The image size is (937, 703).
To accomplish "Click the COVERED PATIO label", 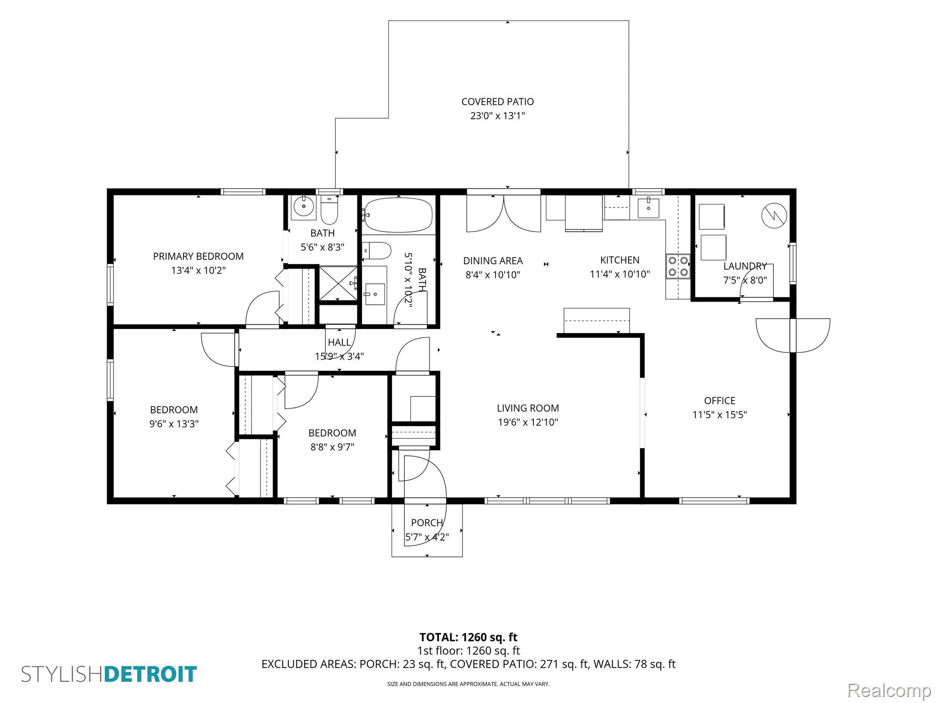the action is click(x=497, y=102).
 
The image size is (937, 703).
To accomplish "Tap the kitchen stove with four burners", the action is click(x=678, y=266).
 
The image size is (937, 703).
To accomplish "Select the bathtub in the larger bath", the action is click(x=398, y=215).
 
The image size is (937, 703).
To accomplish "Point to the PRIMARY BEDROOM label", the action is click(x=198, y=256).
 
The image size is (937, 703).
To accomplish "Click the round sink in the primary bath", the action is click(x=303, y=208).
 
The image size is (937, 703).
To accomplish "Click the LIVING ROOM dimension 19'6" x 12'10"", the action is click(x=528, y=422).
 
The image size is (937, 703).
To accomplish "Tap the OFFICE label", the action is click(x=720, y=401).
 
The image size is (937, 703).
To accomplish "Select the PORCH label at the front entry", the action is click(x=427, y=523).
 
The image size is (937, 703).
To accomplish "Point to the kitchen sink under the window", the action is click(x=648, y=208).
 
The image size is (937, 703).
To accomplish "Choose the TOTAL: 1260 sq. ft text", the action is click(x=468, y=637).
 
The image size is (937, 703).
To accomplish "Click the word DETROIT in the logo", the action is click(x=151, y=675).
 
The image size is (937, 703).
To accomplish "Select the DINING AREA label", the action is click(x=493, y=261).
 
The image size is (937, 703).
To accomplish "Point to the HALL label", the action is click(x=339, y=342).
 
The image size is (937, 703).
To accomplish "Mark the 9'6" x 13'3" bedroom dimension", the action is click(x=174, y=424).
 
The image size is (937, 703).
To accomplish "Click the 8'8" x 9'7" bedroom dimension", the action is click(x=333, y=447).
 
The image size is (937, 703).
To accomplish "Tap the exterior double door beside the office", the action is click(x=793, y=335).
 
